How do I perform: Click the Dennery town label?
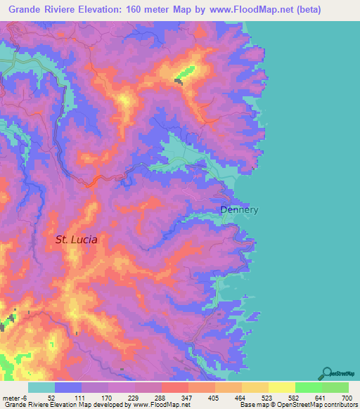click(240, 209)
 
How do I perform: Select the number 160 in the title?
click(147, 10)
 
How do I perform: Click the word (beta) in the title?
click(330, 10)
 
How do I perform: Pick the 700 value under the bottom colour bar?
click(345, 398)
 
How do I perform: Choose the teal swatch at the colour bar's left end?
click(41, 387)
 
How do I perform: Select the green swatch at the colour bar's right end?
click(335, 387)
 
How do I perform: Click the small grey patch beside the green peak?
click(179, 82)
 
